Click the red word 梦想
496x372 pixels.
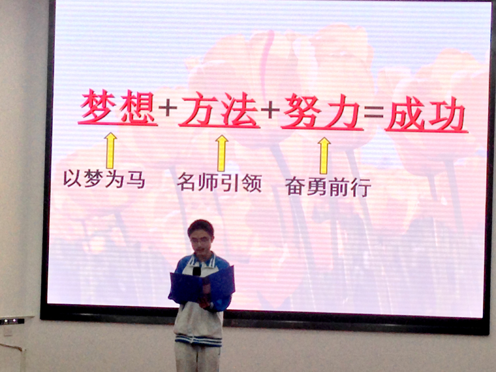pyautogui.click(x=118, y=107)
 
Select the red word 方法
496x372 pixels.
pyautogui.click(x=220, y=109)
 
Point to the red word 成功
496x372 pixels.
pyautogui.click(x=427, y=114)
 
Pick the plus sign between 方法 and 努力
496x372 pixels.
pyautogui.click(x=270, y=110)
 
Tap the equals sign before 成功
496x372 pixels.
pyautogui.click(x=373, y=112)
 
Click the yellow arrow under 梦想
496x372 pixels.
pyautogui.click(x=110, y=151)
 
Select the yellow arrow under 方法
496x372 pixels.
pyautogui.click(x=222, y=153)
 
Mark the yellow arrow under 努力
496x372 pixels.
pyautogui.click(x=324, y=155)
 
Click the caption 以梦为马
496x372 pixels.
pyautogui.click(x=104, y=179)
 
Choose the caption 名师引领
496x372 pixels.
pyautogui.click(x=219, y=182)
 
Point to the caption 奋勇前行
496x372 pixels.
pyautogui.click(x=328, y=187)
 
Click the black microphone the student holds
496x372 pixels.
pyautogui.click(x=196, y=271)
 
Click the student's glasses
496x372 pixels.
pyautogui.click(x=200, y=241)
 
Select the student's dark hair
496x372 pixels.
pyautogui.click(x=200, y=227)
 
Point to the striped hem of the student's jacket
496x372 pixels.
pyautogui.click(x=198, y=341)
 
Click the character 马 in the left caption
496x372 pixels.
pyautogui.click(x=136, y=180)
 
